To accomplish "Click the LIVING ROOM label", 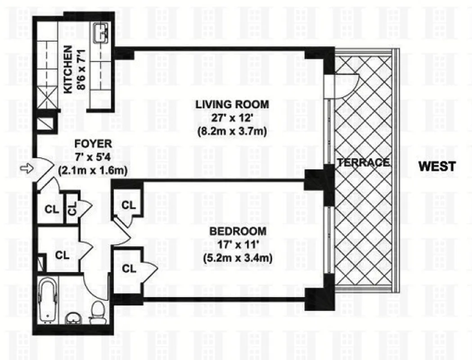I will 232,104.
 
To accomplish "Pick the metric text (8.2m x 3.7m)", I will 232,133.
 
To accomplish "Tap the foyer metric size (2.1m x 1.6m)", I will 94,171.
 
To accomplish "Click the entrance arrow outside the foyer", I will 25,169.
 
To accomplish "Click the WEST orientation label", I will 436,166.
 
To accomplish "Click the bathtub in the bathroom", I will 47,300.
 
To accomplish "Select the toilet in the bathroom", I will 96,312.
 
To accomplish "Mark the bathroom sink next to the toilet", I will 72,318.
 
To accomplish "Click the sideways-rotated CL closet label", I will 72,208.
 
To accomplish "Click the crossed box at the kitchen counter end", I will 47,99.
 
